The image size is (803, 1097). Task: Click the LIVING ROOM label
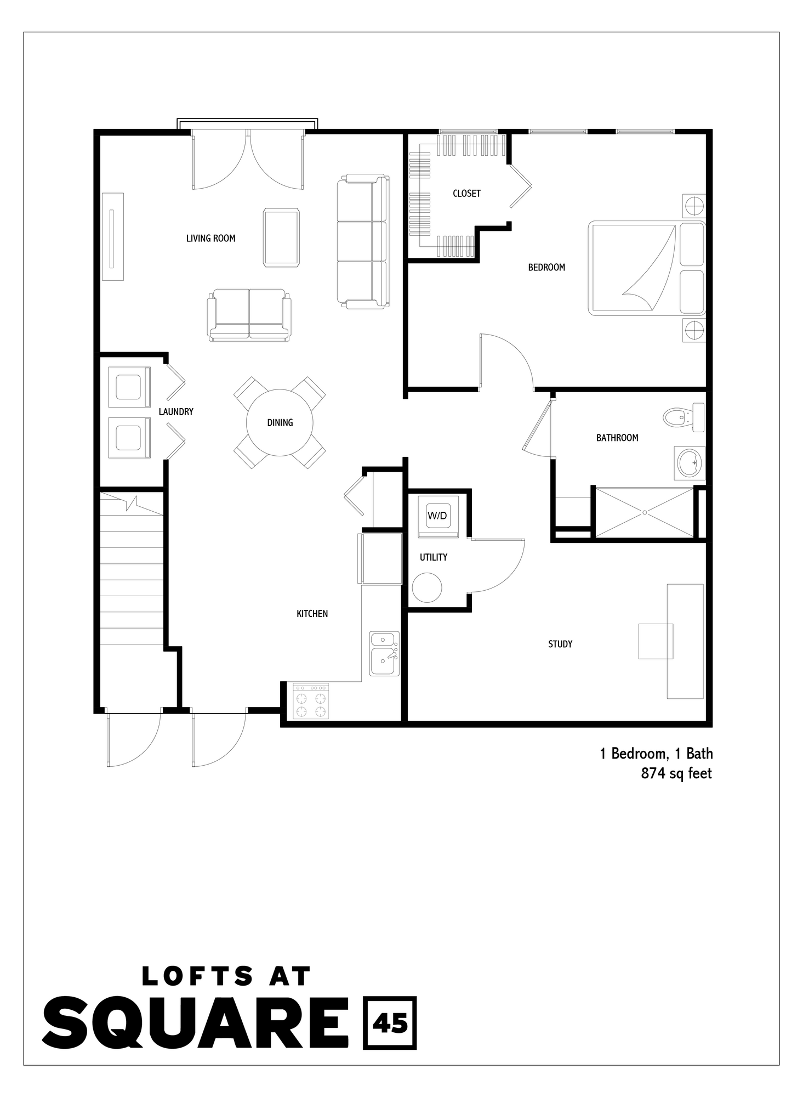click(x=210, y=238)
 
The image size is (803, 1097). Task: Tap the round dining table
click(x=280, y=422)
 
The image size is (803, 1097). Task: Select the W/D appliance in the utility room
click(x=437, y=516)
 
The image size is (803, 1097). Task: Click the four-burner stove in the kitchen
click(x=311, y=702)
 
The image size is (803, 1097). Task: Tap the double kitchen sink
click(x=384, y=653)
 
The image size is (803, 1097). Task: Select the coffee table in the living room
click(x=281, y=238)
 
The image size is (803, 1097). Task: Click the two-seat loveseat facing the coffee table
click(x=249, y=315)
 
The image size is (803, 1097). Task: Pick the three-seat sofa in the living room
click(x=362, y=241)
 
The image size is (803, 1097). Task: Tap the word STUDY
click(x=560, y=644)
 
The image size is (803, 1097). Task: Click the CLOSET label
click(x=466, y=193)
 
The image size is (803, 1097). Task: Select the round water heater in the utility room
click(x=426, y=588)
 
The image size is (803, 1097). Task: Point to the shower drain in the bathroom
click(x=645, y=512)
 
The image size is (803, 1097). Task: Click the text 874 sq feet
click(x=676, y=774)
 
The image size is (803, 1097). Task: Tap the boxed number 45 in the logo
click(x=390, y=1024)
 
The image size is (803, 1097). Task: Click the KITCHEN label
click(x=312, y=614)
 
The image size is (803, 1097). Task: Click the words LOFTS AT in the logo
click(x=226, y=976)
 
